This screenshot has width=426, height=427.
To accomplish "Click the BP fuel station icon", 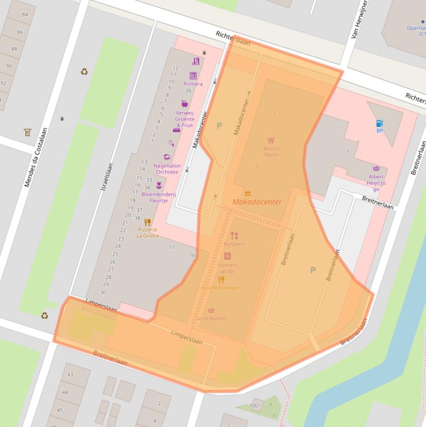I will coord(379,124).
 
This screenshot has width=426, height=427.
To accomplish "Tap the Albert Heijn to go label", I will coord(376,183).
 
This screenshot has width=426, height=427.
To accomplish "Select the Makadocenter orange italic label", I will coord(257,202).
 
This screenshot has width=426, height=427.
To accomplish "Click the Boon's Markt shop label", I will coord(271,151).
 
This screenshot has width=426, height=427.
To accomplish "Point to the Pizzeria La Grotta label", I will coord(147,232).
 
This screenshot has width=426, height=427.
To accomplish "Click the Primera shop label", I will coord(193,84).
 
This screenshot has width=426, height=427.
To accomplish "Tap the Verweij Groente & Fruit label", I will coord(184,119).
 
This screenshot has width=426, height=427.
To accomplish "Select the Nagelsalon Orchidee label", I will coord(167,169).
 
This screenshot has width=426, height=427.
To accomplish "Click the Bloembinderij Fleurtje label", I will coord(158,197).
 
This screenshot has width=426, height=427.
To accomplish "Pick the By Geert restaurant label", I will coord(234,243).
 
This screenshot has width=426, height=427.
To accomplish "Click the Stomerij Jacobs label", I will coord(227,268).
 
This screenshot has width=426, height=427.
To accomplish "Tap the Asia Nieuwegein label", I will coord(221,287).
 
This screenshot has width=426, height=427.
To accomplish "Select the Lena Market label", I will coord(211,318).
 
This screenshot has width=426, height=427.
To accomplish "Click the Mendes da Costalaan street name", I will coord(35,157).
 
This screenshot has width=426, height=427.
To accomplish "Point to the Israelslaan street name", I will coord(106,177).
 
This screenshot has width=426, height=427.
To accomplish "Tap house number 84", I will coord(25,14).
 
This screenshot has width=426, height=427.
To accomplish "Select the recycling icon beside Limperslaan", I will coord(44,316).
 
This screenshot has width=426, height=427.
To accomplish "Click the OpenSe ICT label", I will coord(416,30).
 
